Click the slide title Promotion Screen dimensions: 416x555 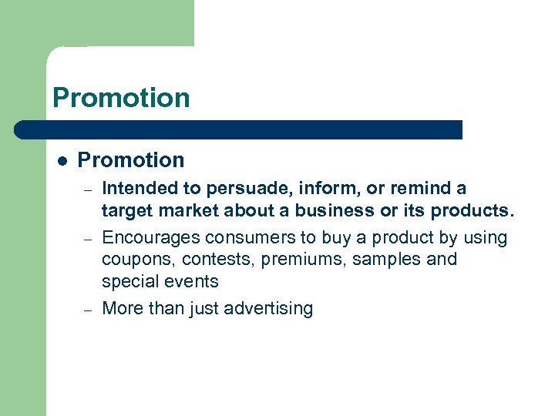121,98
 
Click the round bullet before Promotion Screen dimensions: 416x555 62,161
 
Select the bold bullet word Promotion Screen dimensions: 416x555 131,160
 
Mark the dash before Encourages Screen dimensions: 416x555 89,239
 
